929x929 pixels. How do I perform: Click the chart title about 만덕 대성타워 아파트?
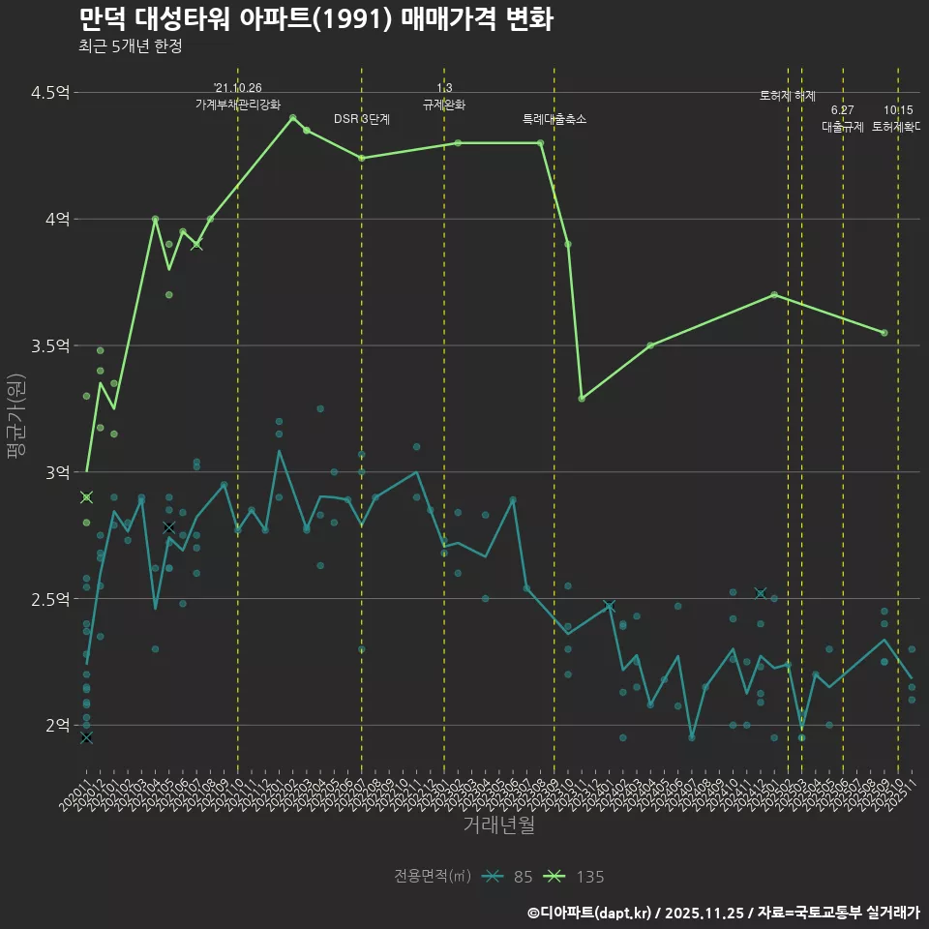click(x=315, y=19)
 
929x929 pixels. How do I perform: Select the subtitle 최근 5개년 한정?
click(x=130, y=45)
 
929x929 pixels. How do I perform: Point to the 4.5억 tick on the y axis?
click(x=50, y=93)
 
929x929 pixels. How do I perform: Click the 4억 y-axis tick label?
click(x=57, y=220)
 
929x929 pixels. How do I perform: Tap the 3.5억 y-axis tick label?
click(x=50, y=346)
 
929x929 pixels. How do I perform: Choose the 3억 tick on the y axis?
click(x=57, y=472)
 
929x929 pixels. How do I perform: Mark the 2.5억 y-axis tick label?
click(x=50, y=599)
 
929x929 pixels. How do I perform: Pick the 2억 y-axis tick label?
click(x=57, y=726)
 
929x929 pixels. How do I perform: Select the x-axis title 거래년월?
click(x=498, y=825)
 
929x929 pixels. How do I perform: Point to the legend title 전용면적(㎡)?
click(x=433, y=877)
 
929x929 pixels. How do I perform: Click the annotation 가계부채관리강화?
click(x=238, y=105)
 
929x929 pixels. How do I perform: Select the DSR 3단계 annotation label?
click(x=362, y=119)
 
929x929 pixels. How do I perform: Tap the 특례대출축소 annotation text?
click(x=554, y=119)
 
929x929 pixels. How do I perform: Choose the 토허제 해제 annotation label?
click(x=788, y=96)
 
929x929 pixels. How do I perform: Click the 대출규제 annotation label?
click(x=843, y=126)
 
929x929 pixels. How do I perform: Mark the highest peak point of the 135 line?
click(x=292, y=118)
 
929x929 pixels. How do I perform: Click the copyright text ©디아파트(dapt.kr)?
click(x=592, y=912)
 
